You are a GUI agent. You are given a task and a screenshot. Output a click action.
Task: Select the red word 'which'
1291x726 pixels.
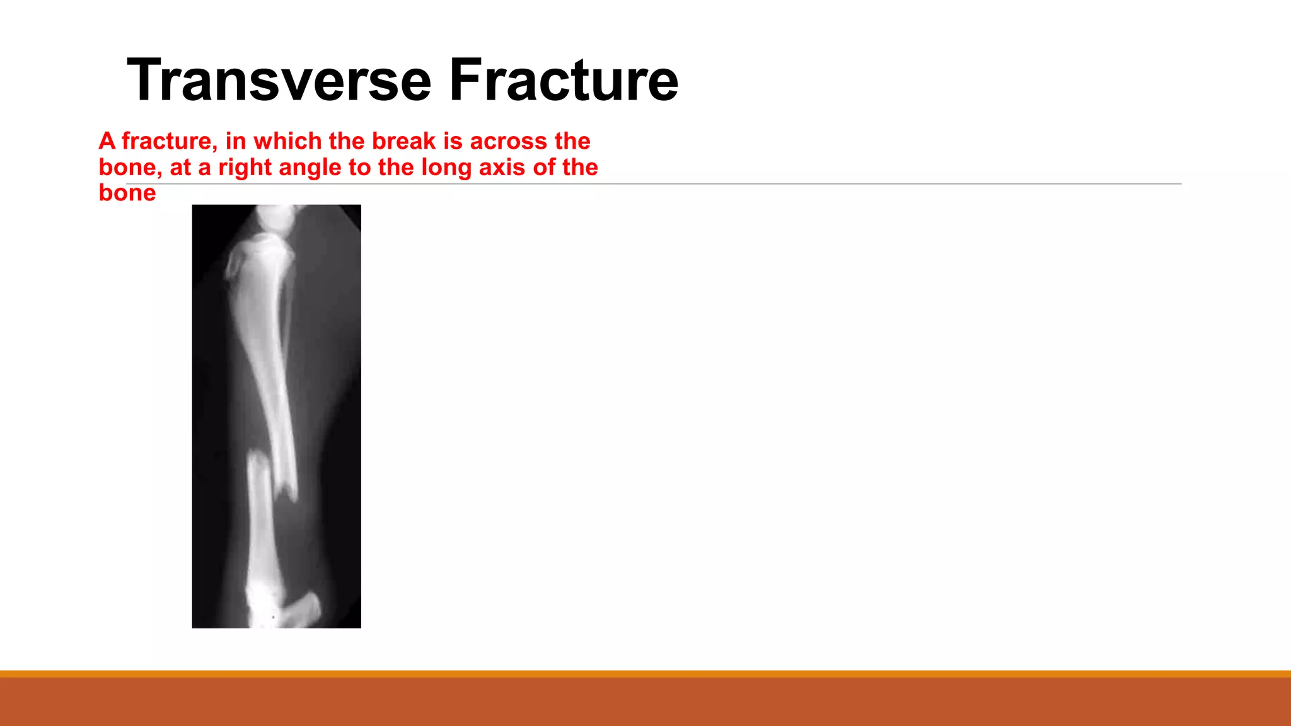287,141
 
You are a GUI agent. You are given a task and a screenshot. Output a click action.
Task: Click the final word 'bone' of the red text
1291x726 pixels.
127,193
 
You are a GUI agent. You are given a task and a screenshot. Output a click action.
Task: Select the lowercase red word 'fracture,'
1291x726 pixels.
169,141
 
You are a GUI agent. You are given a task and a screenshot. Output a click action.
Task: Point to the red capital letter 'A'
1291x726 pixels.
107,141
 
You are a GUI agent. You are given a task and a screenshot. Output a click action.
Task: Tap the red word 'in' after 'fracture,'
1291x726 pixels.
235,141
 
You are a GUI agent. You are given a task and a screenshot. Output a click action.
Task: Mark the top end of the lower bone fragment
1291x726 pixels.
257,457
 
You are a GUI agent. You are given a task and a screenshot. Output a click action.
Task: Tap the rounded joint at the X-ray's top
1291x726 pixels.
276,217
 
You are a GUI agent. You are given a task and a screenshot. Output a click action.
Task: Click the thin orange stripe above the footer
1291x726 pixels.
645,674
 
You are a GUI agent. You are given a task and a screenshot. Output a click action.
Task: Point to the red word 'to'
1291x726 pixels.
359,168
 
